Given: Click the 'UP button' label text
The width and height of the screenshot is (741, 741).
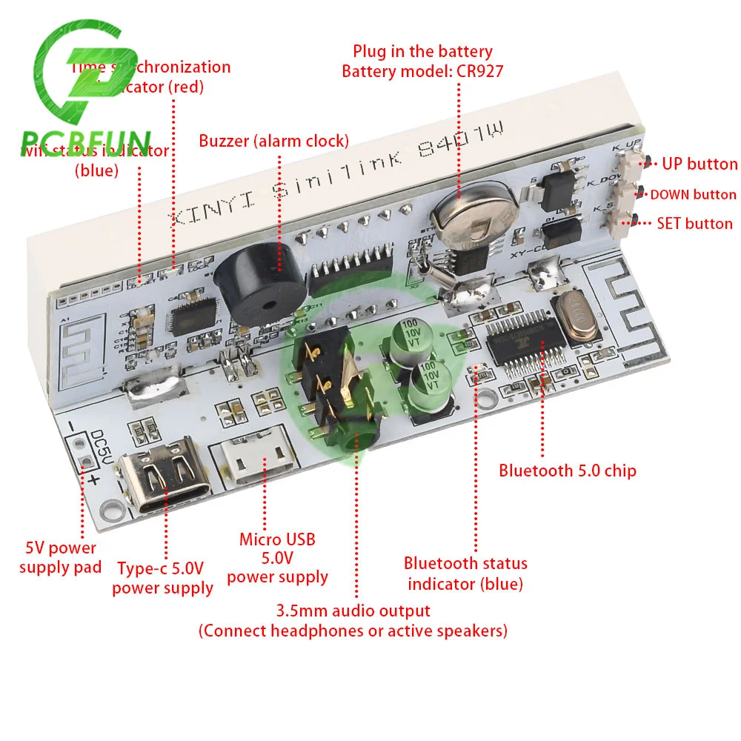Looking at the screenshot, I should point(700,164).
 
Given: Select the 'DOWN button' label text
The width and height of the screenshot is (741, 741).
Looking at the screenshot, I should point(693,195).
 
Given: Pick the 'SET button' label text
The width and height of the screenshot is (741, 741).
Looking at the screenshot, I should point(694,223).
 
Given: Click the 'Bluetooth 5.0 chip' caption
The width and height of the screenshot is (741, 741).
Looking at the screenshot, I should point(567,470).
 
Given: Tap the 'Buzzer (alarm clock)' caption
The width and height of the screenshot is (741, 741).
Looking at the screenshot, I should point(273,141).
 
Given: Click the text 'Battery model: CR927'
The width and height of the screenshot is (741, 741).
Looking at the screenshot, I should point(422,72).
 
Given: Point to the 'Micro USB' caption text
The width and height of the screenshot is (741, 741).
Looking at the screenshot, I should point(276,539).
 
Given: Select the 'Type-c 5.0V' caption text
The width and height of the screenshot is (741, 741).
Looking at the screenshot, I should point(160,569).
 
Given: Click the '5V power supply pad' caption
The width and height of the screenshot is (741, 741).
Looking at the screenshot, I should point(60,558).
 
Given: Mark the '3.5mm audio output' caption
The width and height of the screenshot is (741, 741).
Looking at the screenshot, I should point(353,611).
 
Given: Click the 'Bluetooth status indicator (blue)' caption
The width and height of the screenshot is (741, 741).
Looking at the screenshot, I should point(465,574).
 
